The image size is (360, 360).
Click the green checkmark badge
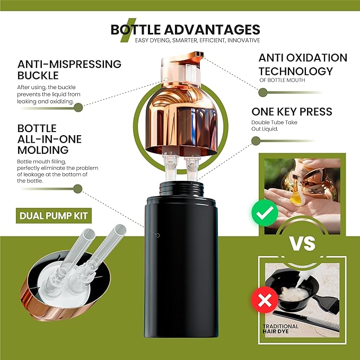click(265, 213)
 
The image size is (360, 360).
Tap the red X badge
click(265, 300)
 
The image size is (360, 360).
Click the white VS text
click(302, 243)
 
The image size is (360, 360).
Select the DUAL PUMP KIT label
click(54, 216)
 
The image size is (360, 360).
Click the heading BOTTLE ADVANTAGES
click(186, 30)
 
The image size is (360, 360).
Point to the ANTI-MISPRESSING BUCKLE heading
click(69, 70)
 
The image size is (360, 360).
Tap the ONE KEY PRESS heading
click(292, 112)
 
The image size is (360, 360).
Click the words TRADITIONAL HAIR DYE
click(280, 329)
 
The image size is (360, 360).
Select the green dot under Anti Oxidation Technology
click(262, 93)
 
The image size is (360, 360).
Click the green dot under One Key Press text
click(256, 141)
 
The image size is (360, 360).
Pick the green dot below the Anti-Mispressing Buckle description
click(78, 108)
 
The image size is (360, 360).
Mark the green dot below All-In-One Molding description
click(78, 189)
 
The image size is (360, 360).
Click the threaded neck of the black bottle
click(181, 189)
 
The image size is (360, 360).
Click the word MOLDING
click(43, 150)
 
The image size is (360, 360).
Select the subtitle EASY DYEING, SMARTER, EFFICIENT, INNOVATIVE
click(197, 40)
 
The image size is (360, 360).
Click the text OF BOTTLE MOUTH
click(282, 80)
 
